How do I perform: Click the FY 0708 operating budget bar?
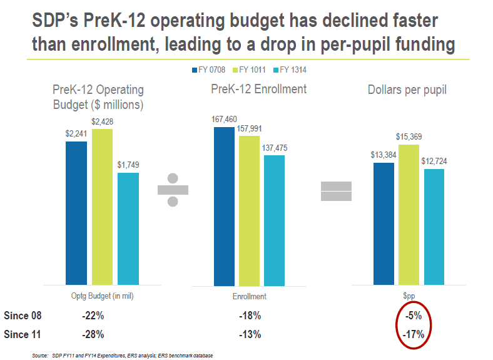coord(76,213)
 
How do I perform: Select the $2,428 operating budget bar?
coord(102,207)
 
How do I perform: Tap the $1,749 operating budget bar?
coord(128,229)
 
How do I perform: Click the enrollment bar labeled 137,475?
coord(274,220)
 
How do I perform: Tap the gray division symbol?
coord(173,190)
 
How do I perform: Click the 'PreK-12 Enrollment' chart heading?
coord(259,90)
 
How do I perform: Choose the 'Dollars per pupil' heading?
coord(407,90)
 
